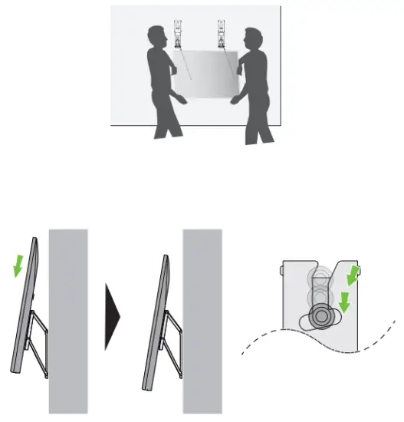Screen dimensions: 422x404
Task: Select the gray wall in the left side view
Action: (x=67, y=322)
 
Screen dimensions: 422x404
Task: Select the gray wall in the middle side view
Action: (x=201, y=322)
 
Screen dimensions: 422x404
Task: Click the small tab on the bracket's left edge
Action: (x=284, y=271)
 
